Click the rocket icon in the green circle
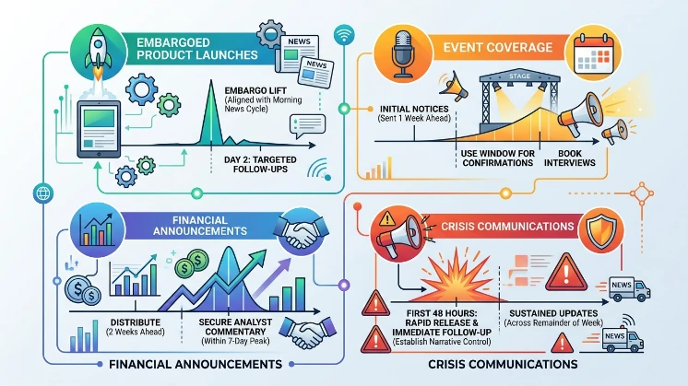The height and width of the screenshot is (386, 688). tap(99, 54)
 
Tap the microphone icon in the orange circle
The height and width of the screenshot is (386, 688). tap(402, 53)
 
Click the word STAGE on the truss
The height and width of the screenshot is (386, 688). tap(519, 76)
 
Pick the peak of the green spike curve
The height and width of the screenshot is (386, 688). tap(211, 81)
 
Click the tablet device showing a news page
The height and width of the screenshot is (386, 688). tap(99, 129)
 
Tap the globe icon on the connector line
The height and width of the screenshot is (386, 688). tap(43, 193)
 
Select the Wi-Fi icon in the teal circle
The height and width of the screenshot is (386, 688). tap(344, 34)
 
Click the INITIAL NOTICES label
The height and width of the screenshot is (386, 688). tap(414, 109)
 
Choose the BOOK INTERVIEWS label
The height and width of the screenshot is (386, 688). tap(570, 158)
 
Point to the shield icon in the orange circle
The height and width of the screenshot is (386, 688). tap(601, 231)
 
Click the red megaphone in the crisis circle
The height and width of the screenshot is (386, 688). tap(398, 234)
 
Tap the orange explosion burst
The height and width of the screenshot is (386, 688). tap(457, 276)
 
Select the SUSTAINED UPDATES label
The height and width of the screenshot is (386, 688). tap(553, 313)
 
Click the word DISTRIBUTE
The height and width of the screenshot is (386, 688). tap(136, 322)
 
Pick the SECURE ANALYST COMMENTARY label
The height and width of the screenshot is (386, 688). tap(235, 327)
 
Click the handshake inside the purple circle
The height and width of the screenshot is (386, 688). tap(301, 231)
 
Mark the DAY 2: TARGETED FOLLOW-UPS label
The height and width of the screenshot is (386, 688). tap(260, 164)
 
